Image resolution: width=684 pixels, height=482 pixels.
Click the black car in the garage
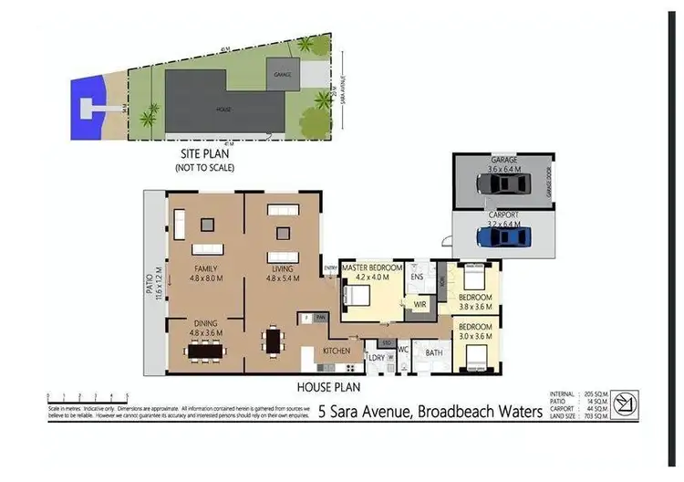pos(503,184)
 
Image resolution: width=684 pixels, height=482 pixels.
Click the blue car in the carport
pos(503,237)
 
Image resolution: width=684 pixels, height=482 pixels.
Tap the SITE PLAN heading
pos(204,154)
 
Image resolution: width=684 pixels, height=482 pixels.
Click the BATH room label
pos(434,351)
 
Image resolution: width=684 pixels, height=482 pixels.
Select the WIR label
pos(420,303)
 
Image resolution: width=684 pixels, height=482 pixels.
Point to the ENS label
pos(419,276)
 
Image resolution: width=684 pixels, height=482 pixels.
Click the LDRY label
pos(374,357)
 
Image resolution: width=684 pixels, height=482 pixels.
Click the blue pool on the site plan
pos(89,107)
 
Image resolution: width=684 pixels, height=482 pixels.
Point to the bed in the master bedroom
pos(356,294)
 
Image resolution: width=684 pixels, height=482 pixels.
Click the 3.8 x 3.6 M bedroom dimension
pos(475,308)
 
